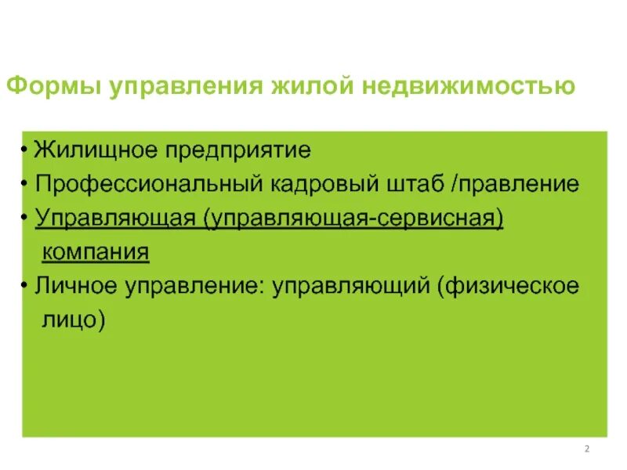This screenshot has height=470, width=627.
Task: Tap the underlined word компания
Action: click(95, 252)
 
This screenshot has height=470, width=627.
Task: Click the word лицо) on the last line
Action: click(73, 320)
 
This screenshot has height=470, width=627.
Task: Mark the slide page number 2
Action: click(587, 449)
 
